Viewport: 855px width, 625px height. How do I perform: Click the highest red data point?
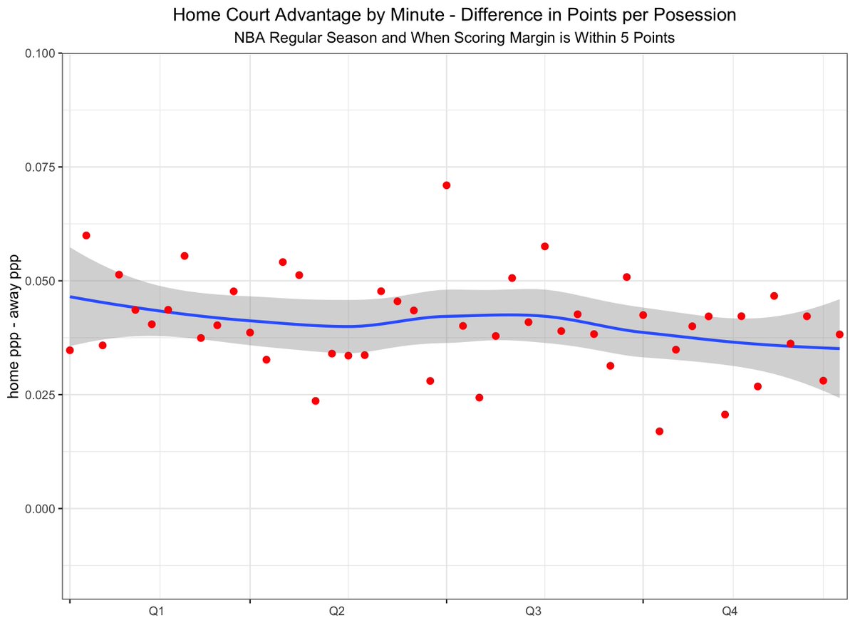tap(446, 185)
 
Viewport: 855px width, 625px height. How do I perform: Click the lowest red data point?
tap(659, 431)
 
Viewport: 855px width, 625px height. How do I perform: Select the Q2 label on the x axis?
tap(337, 611)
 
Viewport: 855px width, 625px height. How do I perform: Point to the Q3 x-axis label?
tap(533, 611)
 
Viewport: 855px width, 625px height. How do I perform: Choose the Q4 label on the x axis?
tap(730, 611)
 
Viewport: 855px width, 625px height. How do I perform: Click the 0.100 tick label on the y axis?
tap(43, 53)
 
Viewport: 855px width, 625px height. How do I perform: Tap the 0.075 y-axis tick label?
tap(43, 167)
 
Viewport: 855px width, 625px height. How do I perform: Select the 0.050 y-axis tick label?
tap(43, 281)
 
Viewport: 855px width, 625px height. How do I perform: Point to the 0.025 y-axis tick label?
tap(43, 395)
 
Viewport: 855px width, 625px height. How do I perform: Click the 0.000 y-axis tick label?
tap(43, 508)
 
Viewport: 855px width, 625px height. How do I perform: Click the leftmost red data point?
tap(69, 350)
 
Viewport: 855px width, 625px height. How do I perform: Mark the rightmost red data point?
tap(839, 334)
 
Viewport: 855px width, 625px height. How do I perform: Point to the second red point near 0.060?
tap(85, 235)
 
